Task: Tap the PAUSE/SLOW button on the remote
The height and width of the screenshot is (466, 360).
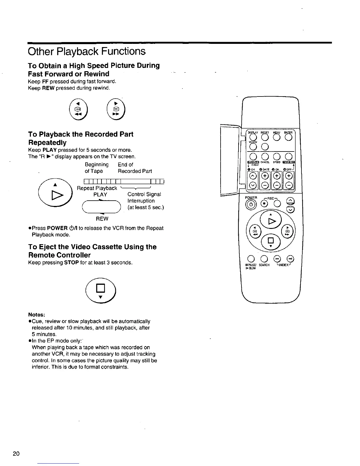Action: coord(251,259)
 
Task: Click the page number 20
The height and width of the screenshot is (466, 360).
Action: coord(16,453)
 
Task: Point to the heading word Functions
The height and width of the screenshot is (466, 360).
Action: coord(121,51)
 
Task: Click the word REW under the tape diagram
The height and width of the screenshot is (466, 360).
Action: coord(102,219)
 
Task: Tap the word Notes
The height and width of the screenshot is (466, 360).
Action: coord(36,314)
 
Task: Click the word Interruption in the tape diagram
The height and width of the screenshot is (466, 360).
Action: coord(141,201)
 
